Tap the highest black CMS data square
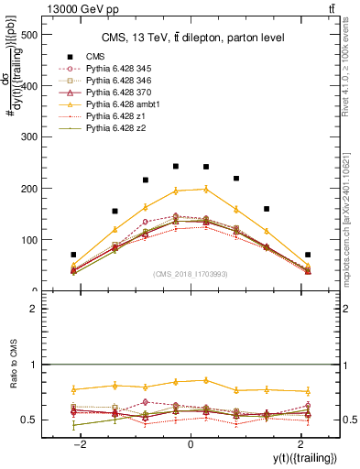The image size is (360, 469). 176,167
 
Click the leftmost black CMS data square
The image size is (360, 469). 73,255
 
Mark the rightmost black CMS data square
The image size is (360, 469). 308,255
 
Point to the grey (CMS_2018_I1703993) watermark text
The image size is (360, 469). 191,273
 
